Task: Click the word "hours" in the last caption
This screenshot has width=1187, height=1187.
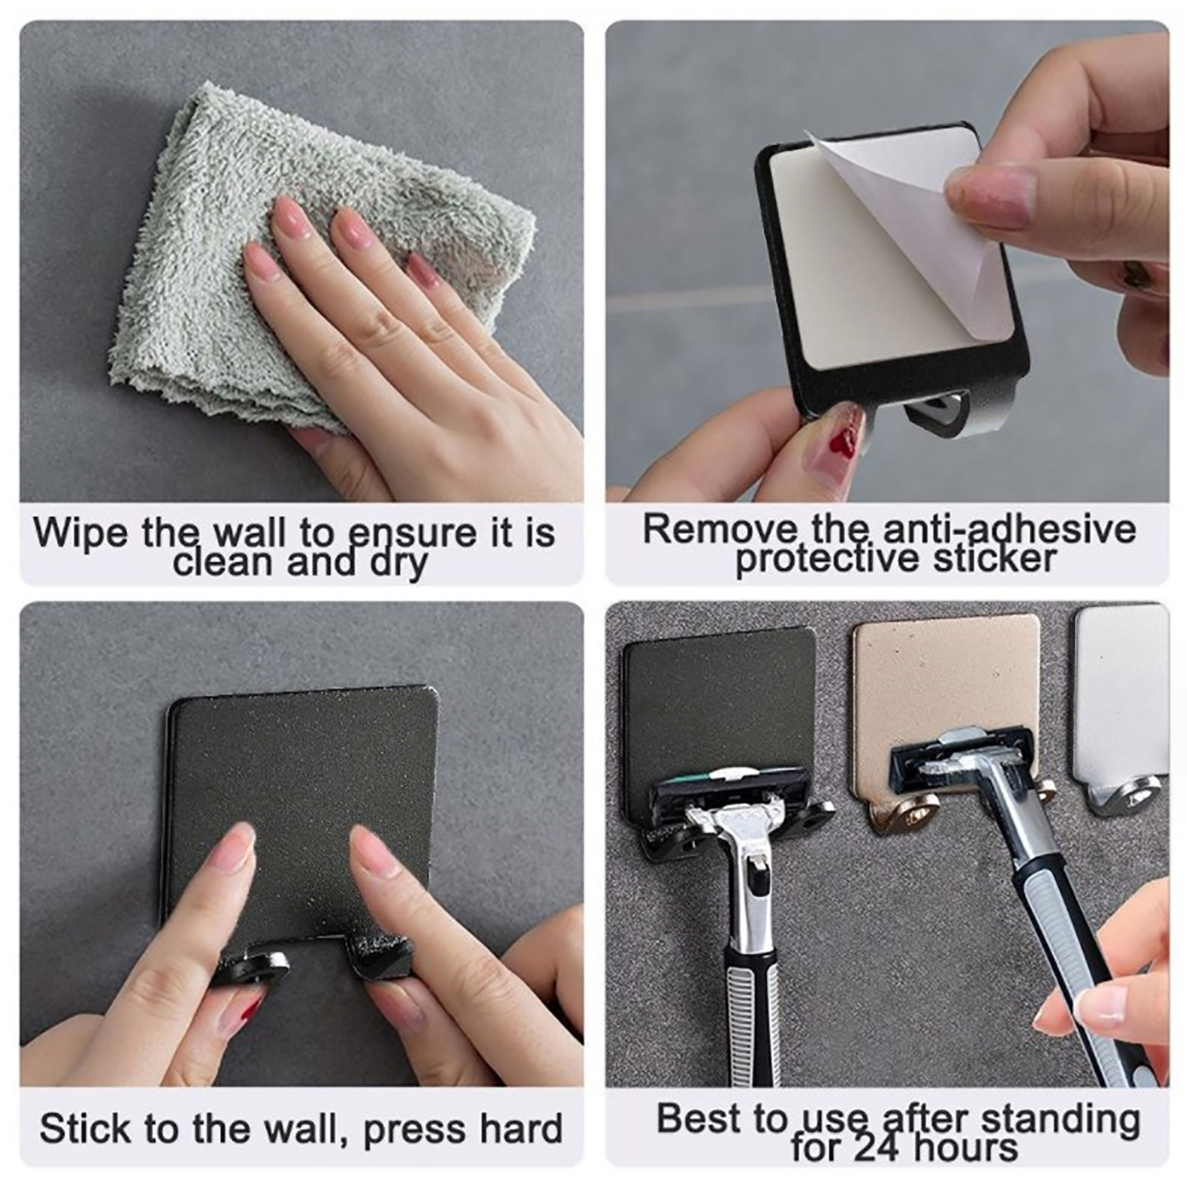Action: pyautogui.click(x=965, y=1148)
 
